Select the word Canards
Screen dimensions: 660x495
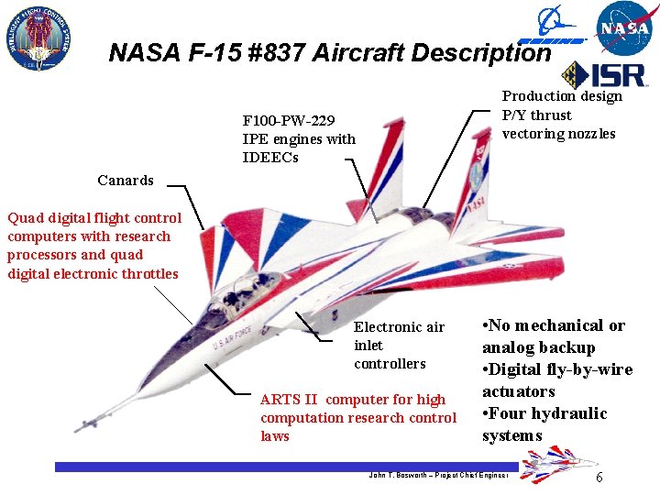point(126,180)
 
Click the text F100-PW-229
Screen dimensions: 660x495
point(289,121)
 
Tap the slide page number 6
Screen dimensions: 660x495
point(599,478)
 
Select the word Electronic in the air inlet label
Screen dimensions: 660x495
point(386,327)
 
